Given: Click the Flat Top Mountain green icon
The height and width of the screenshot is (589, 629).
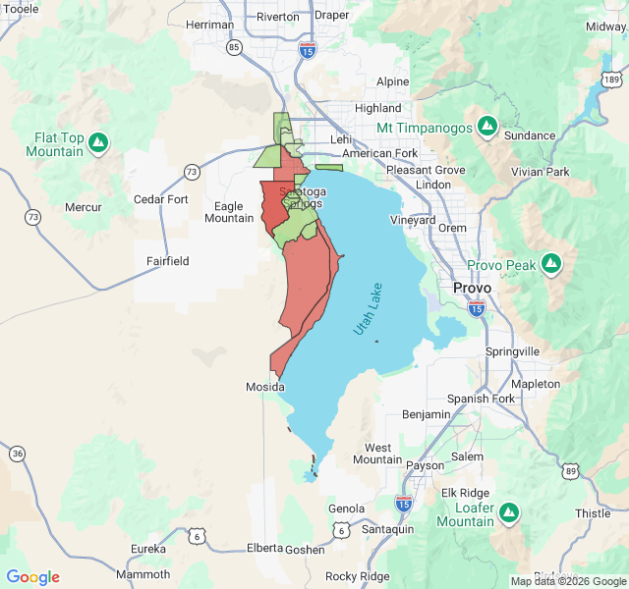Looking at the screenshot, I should point(97,144).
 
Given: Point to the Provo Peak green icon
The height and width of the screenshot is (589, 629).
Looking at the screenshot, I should point(551,264).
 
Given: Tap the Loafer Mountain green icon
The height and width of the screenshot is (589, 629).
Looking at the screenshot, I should point(508,512).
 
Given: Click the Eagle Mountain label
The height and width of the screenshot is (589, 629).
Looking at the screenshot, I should point(228,212).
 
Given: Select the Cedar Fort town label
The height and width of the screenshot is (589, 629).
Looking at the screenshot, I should point(160,199).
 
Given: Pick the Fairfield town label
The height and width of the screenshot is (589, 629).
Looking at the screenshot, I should point(167,261).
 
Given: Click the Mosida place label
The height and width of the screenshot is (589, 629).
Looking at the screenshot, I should point(264,388).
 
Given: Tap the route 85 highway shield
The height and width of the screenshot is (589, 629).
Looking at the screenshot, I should point(233,46).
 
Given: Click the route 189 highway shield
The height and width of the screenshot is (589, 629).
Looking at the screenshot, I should point(611,79).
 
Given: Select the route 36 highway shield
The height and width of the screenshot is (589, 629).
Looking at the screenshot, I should point(18,453).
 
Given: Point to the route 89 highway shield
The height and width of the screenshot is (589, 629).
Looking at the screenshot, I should point(571,472).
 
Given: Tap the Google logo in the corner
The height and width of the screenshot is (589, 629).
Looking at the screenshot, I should point(32,577).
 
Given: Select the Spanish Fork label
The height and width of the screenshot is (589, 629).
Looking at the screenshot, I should point(481,399).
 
